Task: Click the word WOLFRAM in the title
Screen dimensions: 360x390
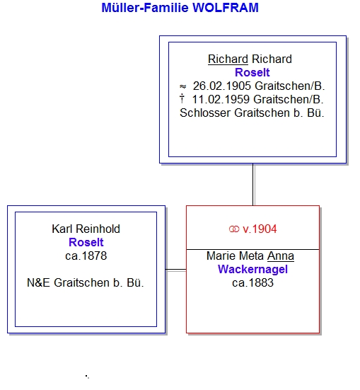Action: (226, 8)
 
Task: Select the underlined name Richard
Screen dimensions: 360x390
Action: (228, 59)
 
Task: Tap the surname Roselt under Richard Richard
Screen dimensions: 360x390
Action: (252, 73)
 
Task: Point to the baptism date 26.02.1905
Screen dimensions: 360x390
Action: (222, 86)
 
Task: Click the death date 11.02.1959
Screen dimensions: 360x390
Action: (221, 100)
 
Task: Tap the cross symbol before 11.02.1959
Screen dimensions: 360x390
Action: (182, 98)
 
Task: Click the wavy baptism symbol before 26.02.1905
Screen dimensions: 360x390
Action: (182, 86)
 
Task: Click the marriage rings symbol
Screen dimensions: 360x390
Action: (234, 229)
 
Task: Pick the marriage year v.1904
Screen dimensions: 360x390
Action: (260, 229)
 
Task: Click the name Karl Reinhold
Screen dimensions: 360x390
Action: (86, 229)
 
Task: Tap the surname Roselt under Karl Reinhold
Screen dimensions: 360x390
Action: (86, 242)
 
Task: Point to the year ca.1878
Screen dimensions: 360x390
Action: (86, 256)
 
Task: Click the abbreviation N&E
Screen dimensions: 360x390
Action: (38, 283)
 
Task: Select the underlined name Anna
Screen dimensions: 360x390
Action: (281, 256)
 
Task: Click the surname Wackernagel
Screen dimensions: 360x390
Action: (252, 270)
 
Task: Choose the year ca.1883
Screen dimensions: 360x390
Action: (252, 283)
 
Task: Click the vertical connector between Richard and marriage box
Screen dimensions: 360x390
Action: (253, 185)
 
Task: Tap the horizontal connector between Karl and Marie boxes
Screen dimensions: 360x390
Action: (176, 270)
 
